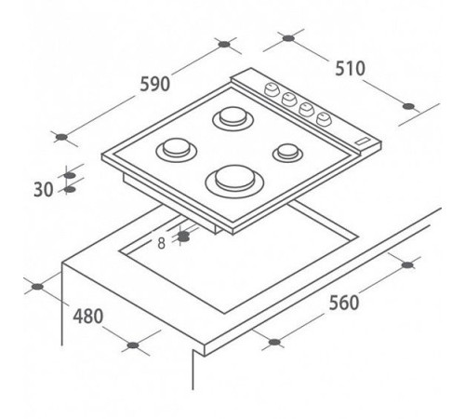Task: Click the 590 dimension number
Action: [x=154, y=84]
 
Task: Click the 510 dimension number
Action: [x=350, y=69]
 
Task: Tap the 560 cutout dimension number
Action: [x=344, y=303]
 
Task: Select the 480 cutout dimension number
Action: [x=87, y=317]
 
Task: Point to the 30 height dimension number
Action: [x=44, y=189]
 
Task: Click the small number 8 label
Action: [x=161, y=243]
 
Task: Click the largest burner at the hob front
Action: [x=234, y=182]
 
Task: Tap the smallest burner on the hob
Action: [x=287, y=153]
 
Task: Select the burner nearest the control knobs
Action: [x=232, y=118]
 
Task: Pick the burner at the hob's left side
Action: [x=177, y=150]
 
